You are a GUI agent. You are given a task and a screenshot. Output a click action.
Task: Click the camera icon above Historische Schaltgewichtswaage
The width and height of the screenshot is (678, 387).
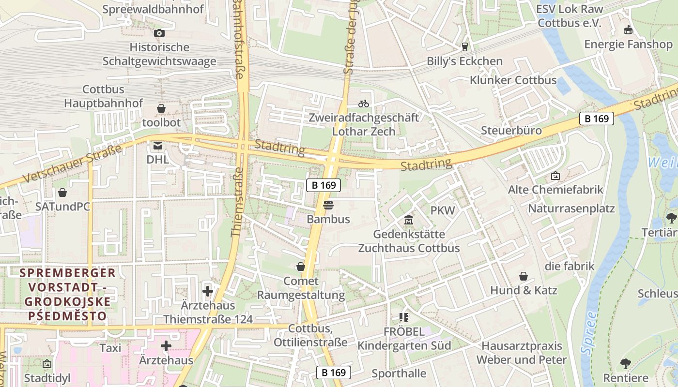[x=159, y=33]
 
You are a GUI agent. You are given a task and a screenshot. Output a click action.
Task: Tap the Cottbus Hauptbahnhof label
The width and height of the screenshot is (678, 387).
[x=104, y=96]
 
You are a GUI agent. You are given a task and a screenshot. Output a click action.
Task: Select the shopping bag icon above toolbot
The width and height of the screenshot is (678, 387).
[x=161, y=108]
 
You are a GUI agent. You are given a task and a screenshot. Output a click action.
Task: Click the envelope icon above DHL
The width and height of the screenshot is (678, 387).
[x=158, y=145]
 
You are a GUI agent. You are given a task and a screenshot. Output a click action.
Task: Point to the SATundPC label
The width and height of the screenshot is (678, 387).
[x=62, y=207]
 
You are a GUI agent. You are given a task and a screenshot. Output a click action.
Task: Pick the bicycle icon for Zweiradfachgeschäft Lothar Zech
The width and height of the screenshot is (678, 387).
[x=363, y=103]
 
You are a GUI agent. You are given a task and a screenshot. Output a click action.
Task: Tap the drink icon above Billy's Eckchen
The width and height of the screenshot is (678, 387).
[x=465, y=47]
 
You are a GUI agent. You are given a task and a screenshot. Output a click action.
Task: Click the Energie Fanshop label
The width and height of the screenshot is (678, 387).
[x=628, y=44]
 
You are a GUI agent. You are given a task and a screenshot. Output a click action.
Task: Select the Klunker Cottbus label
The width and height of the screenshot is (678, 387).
[x=513, y=80]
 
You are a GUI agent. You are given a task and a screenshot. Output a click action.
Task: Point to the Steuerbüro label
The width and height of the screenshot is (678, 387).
[x=511, y=131]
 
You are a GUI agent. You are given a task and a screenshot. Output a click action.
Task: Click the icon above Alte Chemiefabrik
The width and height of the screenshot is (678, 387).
[x=555, y=176]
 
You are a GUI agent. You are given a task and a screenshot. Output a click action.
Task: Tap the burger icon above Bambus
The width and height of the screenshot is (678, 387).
[x=328, y=205]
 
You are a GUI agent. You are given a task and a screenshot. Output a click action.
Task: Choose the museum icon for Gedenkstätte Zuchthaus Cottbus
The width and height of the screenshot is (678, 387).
[x=409, y=220]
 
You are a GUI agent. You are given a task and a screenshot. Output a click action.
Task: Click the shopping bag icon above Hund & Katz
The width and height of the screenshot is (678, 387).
[x=524, y=276]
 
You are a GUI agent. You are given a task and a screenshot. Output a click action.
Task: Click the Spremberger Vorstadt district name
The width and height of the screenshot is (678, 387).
[x=67, y=294]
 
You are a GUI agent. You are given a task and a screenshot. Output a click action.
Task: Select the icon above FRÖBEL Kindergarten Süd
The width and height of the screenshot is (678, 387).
[x=404, y=317]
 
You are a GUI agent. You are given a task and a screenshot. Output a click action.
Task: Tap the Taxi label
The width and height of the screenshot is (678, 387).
[x=110, y=348]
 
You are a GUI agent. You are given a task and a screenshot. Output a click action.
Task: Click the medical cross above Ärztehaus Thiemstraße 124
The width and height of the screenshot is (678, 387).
[x=208, y=291]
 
